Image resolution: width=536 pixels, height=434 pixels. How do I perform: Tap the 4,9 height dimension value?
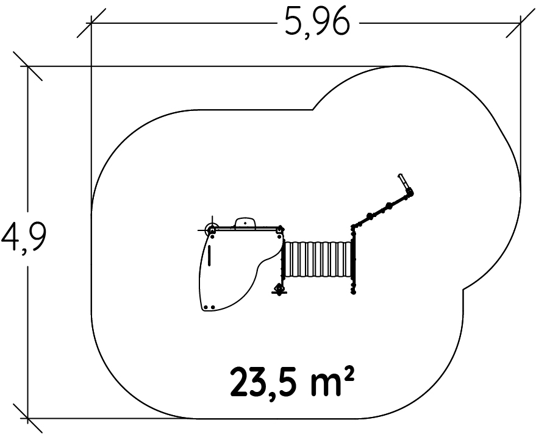(x=23, y=237)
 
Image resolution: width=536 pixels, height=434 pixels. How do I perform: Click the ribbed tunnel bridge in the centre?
(x=318, y=260)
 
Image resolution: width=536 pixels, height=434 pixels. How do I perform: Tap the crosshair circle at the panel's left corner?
(x=212, y=230)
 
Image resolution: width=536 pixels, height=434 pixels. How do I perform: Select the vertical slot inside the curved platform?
(x=209, y=256)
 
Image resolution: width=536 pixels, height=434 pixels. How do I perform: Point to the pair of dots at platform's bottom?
(x=209, y=307)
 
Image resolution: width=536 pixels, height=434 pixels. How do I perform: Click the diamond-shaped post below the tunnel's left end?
(x=280, y=290)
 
